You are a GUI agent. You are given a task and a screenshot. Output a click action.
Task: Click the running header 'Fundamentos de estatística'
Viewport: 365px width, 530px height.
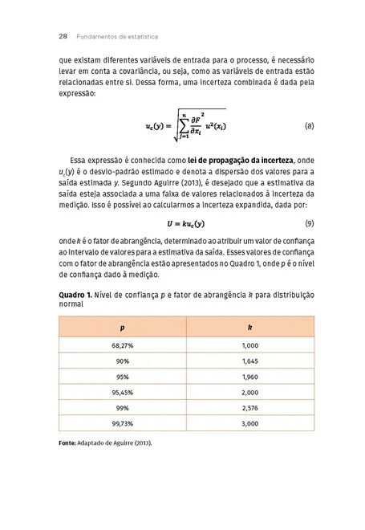[x=117, y=36]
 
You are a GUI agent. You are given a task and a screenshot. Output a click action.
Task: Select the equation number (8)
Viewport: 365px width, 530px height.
[x=309, y=127]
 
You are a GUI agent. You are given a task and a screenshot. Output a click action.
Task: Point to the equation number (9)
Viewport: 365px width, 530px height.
[x=309, y=222]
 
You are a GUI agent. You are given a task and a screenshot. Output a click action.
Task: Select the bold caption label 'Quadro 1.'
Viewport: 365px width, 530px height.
[x=75, y=295]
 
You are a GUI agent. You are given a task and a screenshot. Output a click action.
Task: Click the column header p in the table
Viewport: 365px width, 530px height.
[x=123, y=328]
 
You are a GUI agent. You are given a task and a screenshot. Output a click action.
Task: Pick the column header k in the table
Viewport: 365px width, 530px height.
[x=249, y=328]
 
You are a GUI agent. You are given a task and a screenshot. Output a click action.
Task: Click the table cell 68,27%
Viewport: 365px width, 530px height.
[x=123, y=344]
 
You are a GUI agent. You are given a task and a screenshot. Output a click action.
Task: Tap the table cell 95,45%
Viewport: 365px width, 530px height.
[x=123, y=392]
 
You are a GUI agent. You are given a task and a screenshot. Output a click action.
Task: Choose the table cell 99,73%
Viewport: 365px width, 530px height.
[x=123, y=423]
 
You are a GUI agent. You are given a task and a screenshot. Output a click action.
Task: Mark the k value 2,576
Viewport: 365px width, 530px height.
[x=249, y=408]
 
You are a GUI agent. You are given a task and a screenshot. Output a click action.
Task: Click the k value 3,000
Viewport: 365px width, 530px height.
[x=249, y=423]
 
